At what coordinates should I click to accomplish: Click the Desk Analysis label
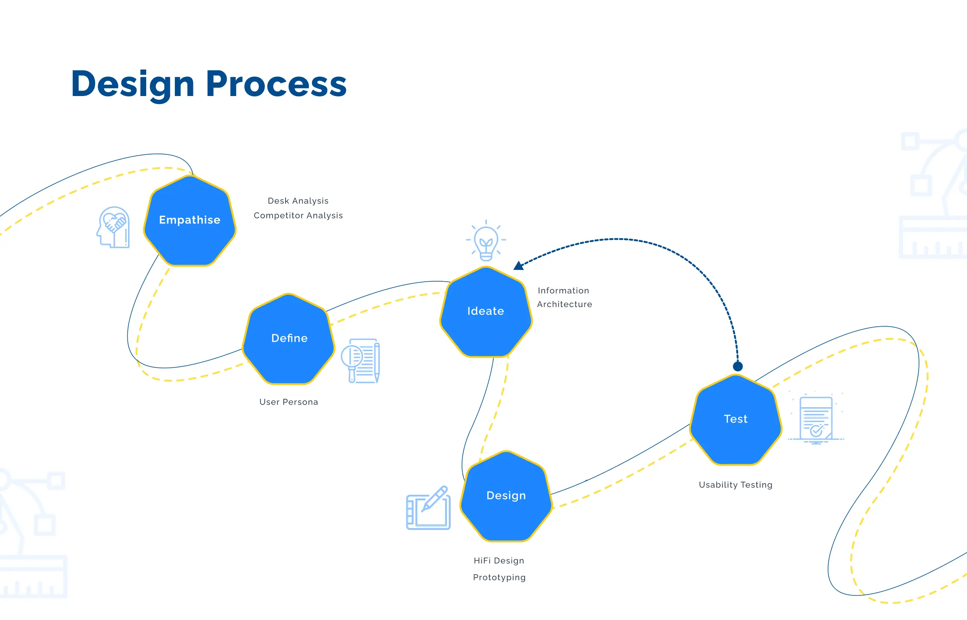coord(298,201)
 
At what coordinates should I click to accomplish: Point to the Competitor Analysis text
coord(298,215)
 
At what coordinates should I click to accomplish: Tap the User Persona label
coord(289,402)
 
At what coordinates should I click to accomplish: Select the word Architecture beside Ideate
coord(564,304)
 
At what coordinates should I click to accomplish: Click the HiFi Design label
coord(499,560)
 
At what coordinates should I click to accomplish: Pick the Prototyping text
coord(499,577)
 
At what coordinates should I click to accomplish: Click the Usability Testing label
coord(735,485)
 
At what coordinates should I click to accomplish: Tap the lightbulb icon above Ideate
coord(486,242)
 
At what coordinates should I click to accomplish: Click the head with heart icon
coord(114,228)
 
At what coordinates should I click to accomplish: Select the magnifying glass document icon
coord(360,361)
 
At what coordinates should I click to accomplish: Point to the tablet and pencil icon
coord(428,508)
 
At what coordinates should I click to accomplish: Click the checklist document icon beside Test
coord(816,420)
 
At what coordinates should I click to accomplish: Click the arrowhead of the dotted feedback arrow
coord(519,266)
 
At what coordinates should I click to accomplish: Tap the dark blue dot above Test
coord(738,366)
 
